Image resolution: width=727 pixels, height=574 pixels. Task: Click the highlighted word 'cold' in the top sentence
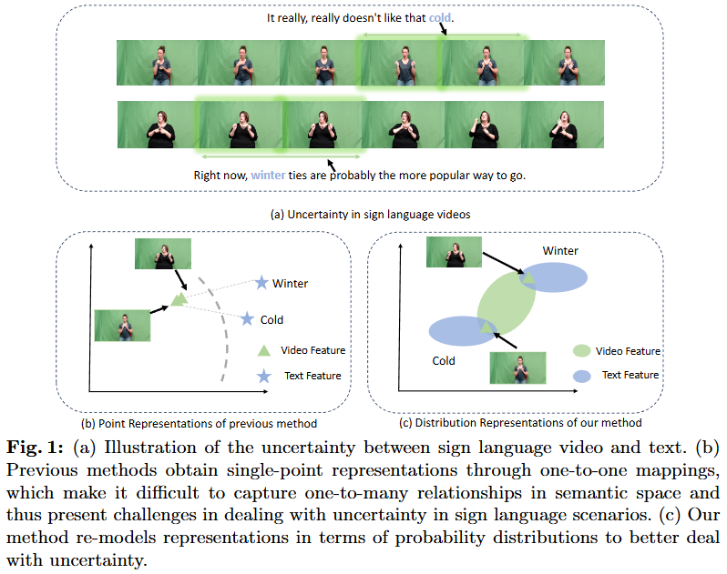pos(441,17)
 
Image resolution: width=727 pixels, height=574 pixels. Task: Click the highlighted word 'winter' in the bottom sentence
pos(269,175)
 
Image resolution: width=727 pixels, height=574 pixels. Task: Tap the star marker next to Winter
pos(262,283)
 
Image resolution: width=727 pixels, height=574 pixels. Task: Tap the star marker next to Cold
pos(248,319)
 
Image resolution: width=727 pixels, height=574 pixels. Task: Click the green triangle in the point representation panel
pos(179,297)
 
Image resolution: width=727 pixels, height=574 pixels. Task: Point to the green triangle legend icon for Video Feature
pos(263,350)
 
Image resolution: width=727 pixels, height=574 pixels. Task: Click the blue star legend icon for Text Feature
pos(263,375)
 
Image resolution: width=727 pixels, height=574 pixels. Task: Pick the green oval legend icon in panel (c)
pos(581,350)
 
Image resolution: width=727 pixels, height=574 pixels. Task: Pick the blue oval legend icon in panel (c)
pos(581,375)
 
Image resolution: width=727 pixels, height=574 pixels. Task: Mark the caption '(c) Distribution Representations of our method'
pos(521,422)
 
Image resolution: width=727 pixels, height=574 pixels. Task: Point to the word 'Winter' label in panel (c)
pos(560,250)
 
